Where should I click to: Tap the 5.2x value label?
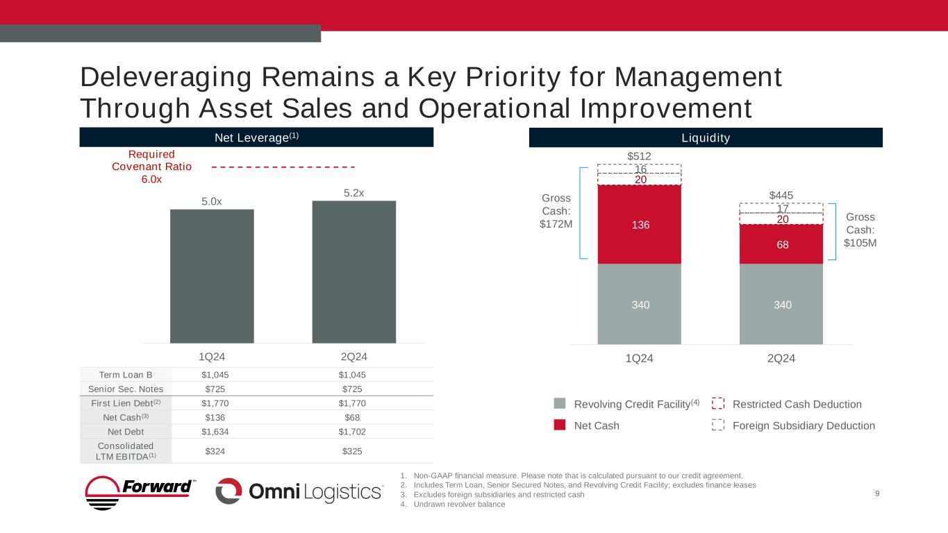point(354,192)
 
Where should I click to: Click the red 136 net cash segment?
point(639,224)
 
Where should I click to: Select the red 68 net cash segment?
point(781,244)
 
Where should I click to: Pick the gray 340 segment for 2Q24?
point(781,304)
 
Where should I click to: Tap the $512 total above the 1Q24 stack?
point(639,156)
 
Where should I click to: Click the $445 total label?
point(781,196)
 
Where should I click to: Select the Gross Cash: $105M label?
point(860,230)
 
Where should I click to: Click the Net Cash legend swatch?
point(560,425)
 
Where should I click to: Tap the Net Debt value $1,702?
point(354,430)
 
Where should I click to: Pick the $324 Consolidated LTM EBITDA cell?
point(214,451)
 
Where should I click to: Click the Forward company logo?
point(141,492)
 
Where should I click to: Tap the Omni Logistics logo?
point(299,491)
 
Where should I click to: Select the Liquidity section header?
point(706,137)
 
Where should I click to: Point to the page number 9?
point(878,493)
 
